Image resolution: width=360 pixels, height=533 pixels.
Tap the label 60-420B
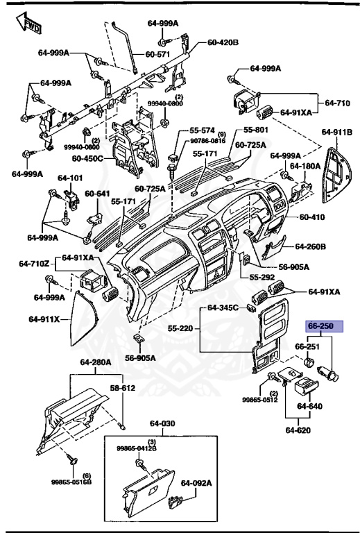click(223, 42)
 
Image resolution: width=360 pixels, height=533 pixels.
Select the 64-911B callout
click(336, 131)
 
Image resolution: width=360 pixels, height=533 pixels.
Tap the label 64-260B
click(310, 246)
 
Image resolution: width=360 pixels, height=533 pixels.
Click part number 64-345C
click(222, 307)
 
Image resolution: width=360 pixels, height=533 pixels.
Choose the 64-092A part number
click(196, 483)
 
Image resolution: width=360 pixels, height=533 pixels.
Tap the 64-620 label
click(299, 430)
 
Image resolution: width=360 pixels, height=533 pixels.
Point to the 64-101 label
click(70, 178)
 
